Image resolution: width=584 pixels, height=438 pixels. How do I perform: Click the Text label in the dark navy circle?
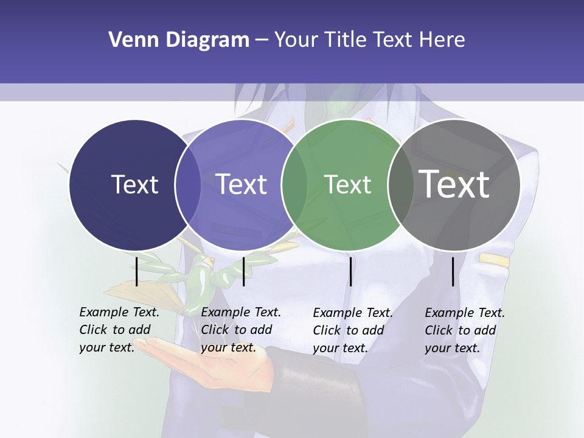(134, 184)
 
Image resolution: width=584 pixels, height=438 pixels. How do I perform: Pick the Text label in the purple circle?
(242, 184)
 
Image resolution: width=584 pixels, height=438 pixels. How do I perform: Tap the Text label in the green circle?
(347, 184)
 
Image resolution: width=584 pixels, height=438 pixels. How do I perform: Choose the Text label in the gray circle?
(454, 184)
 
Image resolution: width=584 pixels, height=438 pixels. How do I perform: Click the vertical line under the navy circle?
(137, 271)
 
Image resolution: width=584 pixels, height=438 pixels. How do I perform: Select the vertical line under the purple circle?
(243, 271)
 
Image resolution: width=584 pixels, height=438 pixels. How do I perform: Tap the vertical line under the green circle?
(351, 271)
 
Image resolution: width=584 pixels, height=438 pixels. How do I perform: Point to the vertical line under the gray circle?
(453, 271)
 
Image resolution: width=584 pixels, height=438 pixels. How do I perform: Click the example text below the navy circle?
(119, 330)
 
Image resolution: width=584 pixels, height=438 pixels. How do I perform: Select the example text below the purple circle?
(240, 330)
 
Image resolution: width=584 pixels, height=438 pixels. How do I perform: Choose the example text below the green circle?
(352, 330)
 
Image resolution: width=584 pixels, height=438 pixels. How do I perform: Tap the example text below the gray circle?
(464, 330)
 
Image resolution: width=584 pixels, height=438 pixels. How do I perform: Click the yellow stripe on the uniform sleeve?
(493, 260)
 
